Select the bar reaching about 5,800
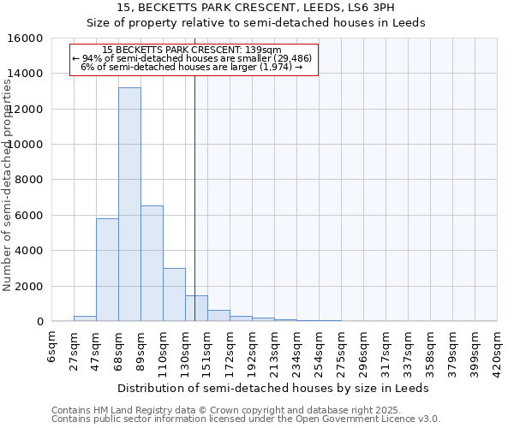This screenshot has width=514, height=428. tap(107, 270)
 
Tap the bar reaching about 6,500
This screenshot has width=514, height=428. tap(152, 263)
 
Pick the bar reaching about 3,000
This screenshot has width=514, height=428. tap(174, 294)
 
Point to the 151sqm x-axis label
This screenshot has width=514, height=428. tap(207, 350)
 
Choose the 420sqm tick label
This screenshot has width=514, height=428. tap(497, 350)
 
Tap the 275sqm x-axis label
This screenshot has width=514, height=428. tap(341, 350)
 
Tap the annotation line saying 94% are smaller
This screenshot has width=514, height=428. tap(194, 58)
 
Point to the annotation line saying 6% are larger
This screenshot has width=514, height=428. tap(194, 67)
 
